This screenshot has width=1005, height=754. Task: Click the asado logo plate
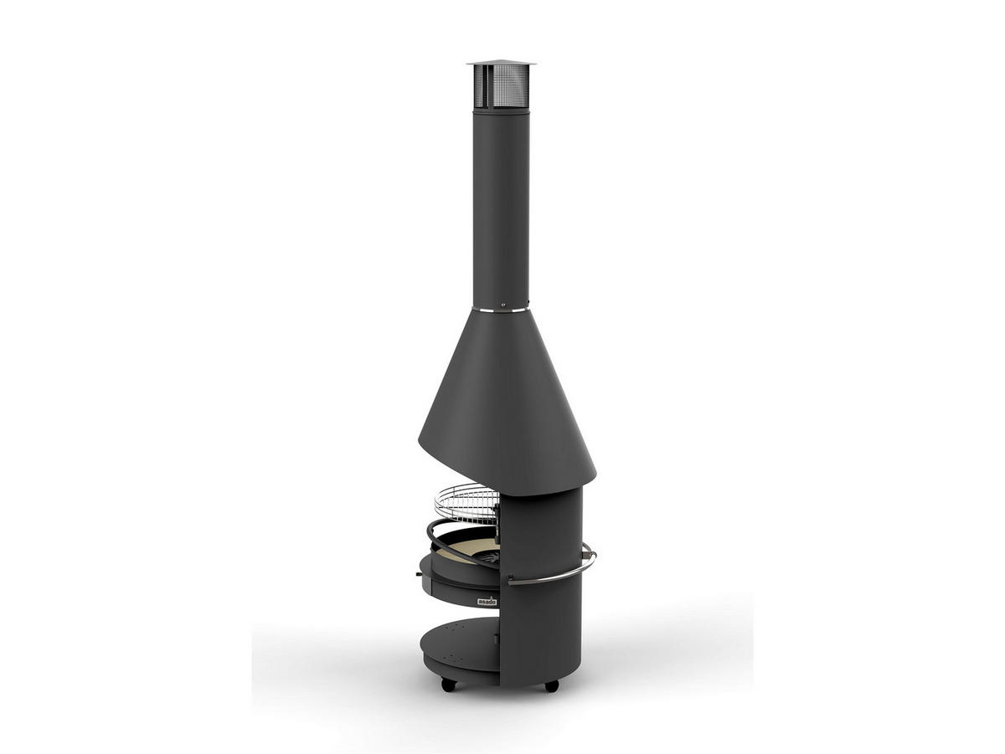pyautogui.click(x=487, y=601)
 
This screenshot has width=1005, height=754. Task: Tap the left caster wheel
pyautogui.click(x=449, y=685)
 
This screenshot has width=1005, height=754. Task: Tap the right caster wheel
pyautogui.click(x=551, y=685)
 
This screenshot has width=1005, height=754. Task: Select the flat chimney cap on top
pyautogui.click(x=501, y=63)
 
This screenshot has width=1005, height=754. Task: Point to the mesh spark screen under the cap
pyautogui.click(x=501, y=86)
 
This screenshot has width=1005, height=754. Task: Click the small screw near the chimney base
pyautogui.click(x=502, y=304)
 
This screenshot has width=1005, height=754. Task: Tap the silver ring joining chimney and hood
pyautogui.click(x=501, y=310)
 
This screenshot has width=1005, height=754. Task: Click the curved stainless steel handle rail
pyautogui.click(x=553, y=576)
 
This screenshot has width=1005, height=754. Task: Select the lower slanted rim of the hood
pyautogui.click(x=502, y=469)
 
